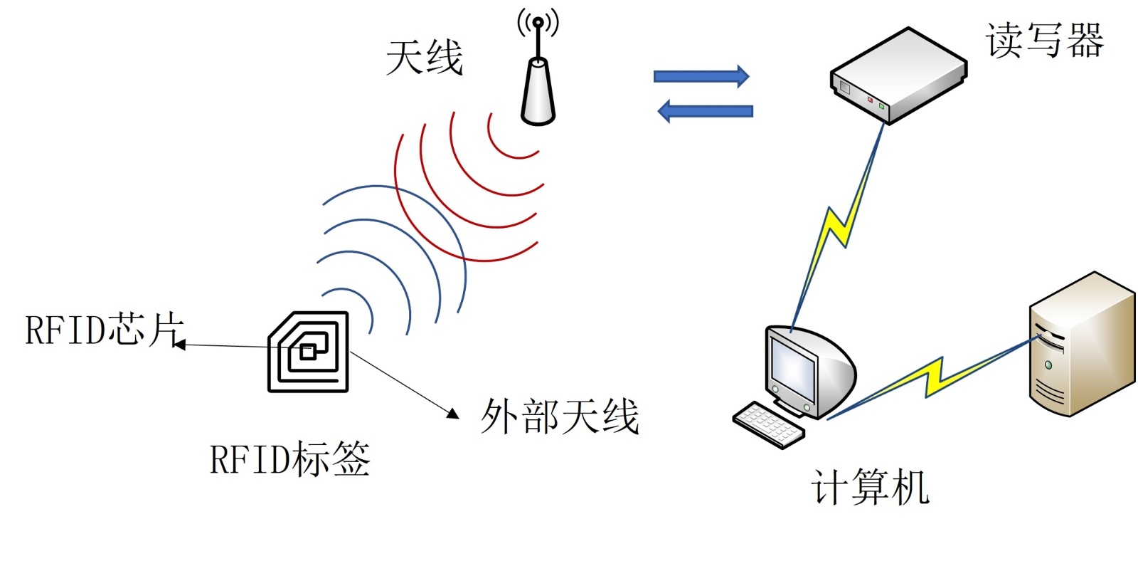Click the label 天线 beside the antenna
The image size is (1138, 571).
point(424,57)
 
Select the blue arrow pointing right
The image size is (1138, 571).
point(701,75)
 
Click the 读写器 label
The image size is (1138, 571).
point(1044,40)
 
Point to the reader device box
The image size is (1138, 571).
point(898,75)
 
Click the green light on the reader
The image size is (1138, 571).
point(882,106)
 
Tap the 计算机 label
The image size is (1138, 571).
point(870,488)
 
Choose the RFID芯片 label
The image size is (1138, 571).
point(105,330)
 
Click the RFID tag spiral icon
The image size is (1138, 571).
point(308,352)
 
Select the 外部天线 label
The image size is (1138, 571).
point(560,417)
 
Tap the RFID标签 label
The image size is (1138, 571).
point(289,459)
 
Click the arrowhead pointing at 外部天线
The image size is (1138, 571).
point(452,412)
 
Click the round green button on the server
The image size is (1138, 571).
point(1048,365)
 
